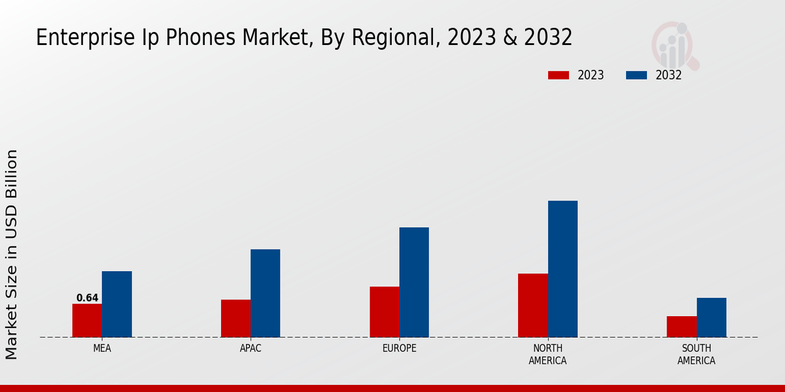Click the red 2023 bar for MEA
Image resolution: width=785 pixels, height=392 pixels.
coord(87,321)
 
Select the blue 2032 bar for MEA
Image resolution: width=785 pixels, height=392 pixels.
coord(116,304)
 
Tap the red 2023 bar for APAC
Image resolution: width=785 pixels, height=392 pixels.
coord(235,319)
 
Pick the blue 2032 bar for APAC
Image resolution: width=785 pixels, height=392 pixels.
coord(265,293)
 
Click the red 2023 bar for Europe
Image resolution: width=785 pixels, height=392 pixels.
coord(384,312)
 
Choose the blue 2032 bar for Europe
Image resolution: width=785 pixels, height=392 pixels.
coord(414,282)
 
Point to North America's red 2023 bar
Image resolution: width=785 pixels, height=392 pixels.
coord(532,306)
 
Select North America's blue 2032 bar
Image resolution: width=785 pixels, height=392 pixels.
coord(563,269)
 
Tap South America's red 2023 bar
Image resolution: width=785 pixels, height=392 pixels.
coord(682,327)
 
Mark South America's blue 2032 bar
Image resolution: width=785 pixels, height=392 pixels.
coord(711,318)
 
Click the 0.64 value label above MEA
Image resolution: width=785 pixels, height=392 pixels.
coord(87,298)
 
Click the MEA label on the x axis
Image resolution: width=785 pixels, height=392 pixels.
coord(102,348)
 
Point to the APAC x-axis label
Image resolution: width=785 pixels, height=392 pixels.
coord(251,348)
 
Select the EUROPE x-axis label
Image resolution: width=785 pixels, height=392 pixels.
coord(399,348)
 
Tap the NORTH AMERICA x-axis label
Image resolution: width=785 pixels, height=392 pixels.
coord(548,354)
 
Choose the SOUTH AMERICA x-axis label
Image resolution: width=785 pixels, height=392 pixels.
coord(696,354)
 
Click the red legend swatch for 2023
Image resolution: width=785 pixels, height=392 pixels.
coord(559,75)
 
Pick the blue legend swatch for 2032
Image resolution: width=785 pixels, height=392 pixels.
coord(637,75)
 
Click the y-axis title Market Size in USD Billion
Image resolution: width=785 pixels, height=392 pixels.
coord(12,255)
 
